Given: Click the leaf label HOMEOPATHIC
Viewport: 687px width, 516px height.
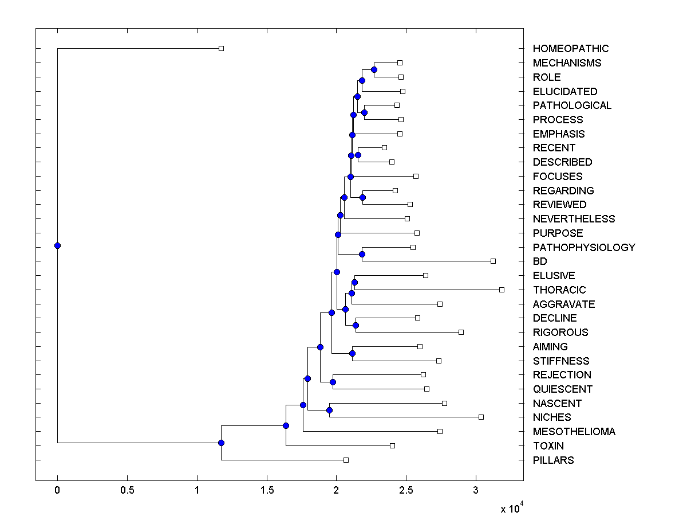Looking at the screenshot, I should [570, 49].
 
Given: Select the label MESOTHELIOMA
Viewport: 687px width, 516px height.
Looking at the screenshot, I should [574, 432].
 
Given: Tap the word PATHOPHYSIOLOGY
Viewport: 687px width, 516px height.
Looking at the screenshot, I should [583, 248].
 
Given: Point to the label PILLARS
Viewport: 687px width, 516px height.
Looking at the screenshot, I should [553, 460].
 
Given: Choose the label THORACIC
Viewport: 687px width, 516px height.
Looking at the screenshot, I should [559, 290].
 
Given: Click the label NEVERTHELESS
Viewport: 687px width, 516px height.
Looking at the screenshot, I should [574, 219].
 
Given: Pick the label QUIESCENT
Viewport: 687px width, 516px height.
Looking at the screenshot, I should [562, 389].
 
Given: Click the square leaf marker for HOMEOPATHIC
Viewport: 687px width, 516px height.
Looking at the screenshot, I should [222, 48].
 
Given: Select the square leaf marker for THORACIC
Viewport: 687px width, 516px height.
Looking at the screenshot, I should [502, 290].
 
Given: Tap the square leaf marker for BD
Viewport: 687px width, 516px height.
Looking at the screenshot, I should [493, 261].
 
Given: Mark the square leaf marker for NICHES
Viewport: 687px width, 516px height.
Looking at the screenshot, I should [481, 417].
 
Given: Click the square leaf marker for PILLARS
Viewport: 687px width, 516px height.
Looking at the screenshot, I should [346, 460].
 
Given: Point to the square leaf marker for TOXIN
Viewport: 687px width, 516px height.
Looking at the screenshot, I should [392, 445].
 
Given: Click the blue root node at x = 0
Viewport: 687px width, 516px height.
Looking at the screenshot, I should [57, 245].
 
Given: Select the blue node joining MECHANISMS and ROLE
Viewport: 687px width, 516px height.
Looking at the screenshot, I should [374, 69].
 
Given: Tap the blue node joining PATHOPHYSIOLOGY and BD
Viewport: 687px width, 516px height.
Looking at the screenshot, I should [362, 254].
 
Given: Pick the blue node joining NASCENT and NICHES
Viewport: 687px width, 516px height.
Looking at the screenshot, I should [329, 410].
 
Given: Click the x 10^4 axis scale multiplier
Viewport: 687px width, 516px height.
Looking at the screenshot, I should [512, 508].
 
